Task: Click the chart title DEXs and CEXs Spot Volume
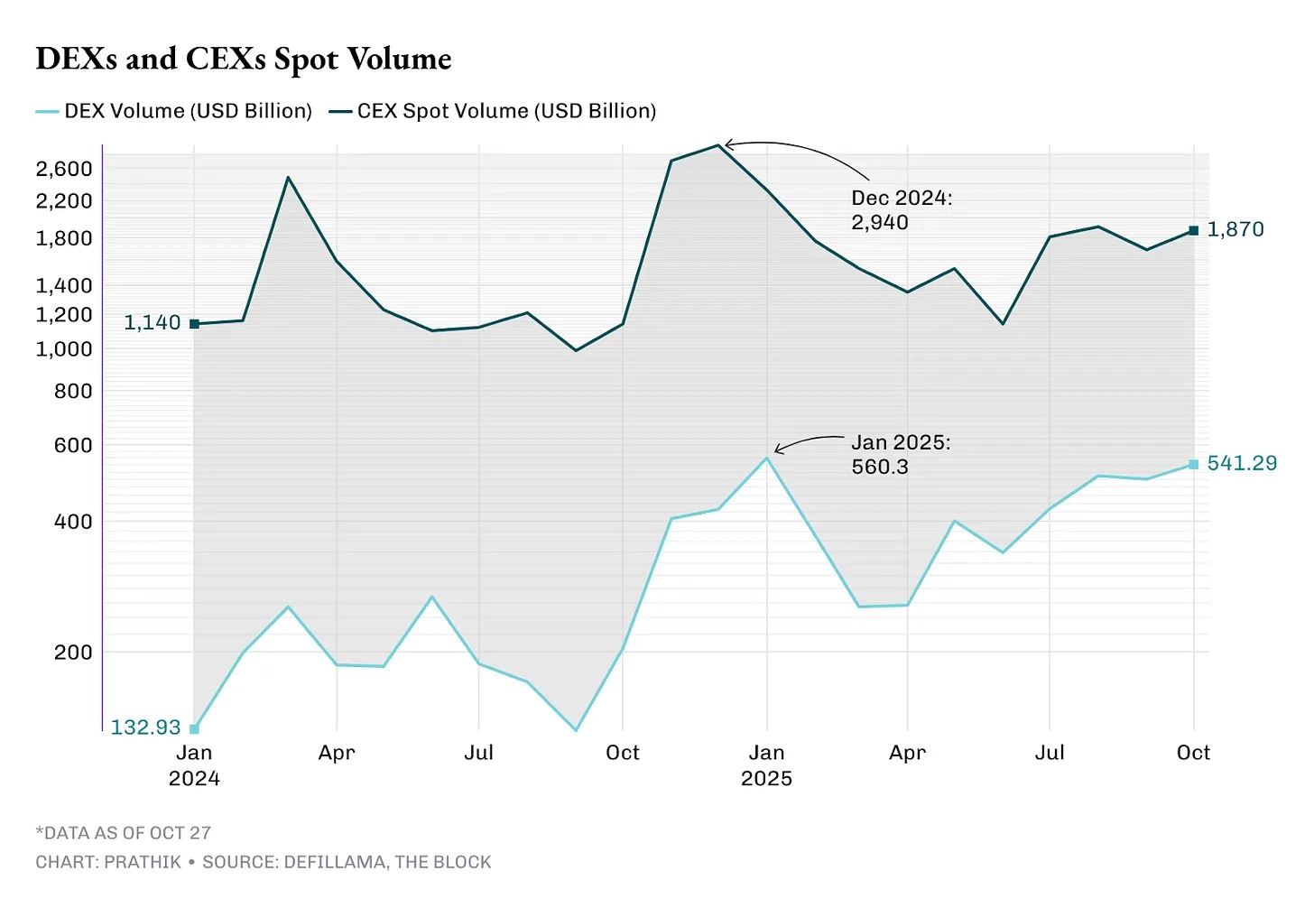click(x=244, y=60)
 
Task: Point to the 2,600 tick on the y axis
click(x=64, y=169)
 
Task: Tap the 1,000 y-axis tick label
click(x=64, y=349)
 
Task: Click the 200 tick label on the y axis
click(x=73, y=652)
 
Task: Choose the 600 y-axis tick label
click(x=73, y=445)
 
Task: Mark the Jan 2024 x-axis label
click(x=194, y=764)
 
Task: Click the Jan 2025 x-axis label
click(x=766, y=764)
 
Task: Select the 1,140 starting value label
click(x=152, y=323)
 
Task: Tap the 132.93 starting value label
click(x=145, y=727)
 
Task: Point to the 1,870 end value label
click(x=1235, y=229)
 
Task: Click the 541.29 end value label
click(x=1242, y=464)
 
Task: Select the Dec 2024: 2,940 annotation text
click(x=901, y=210)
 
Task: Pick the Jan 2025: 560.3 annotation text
click(x=900, y=455)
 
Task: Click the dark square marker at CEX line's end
click(x=1193, y=231)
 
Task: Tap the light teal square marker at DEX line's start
click(x=194, y=728)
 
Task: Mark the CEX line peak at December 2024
click(x=718, y=144)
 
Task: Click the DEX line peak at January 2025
click(x=766, y=458)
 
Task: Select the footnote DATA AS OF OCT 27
click(x=124, y=833)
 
